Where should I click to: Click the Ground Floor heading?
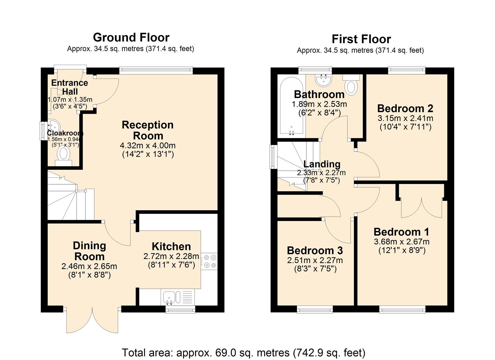131,37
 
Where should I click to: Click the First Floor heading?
361,39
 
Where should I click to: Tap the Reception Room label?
148,130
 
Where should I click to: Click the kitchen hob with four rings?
210,261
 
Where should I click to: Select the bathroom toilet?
351,85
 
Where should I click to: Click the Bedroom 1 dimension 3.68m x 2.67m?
401,242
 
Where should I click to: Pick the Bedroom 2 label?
405,108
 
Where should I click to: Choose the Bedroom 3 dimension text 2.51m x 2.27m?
315,260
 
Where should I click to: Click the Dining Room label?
89,251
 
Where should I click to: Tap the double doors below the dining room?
92,320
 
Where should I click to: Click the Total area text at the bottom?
243,352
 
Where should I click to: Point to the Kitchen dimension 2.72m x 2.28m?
171,256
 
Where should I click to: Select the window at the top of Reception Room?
156,70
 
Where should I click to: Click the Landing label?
322,164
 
